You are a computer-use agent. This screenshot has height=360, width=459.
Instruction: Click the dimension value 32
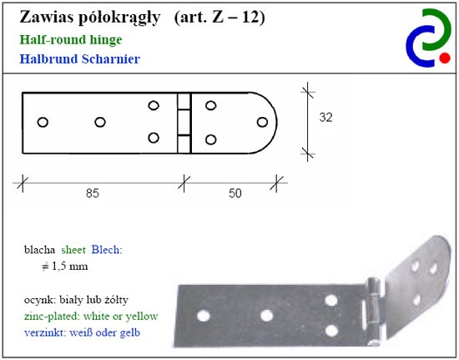[325, 118]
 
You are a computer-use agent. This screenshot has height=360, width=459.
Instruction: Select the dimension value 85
[93, 193]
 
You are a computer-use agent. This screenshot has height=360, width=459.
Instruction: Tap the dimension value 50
[235, 193]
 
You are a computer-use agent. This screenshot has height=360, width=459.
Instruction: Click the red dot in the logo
[445, 58]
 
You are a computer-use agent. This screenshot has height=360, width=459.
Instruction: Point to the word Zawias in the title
[47, 18]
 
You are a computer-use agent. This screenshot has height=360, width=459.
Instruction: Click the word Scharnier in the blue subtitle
[111, 58]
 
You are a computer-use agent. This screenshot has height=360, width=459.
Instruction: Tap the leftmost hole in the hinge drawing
[43, 122]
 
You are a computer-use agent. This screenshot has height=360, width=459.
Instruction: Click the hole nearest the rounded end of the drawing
[262, 122]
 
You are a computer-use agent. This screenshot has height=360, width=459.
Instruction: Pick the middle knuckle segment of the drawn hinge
[184, 123]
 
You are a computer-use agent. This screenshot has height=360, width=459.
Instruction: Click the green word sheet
[73, 250]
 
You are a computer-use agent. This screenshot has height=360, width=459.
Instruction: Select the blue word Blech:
[107, 250]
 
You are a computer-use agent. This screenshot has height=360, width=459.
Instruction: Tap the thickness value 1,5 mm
[69, 266]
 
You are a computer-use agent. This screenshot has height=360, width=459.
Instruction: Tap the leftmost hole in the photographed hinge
[204, 316]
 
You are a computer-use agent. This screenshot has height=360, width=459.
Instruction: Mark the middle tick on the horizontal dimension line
[184, 183]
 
